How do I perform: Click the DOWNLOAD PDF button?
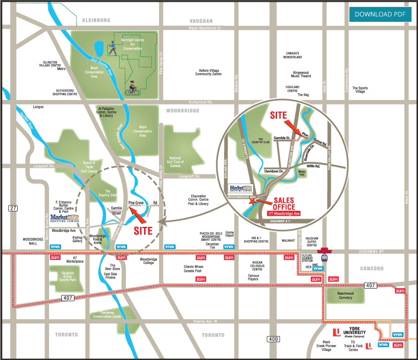380,14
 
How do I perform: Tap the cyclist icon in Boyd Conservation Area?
131,88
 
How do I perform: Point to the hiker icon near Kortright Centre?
112,48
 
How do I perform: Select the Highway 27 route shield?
12,208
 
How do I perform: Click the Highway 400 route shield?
273,339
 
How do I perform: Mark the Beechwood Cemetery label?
346,296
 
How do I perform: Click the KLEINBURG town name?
96,21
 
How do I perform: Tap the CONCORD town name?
372,269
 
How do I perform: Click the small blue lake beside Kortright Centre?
99,47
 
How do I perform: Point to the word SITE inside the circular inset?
279,115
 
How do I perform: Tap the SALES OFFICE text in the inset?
284,204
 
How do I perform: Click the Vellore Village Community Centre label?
209,72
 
